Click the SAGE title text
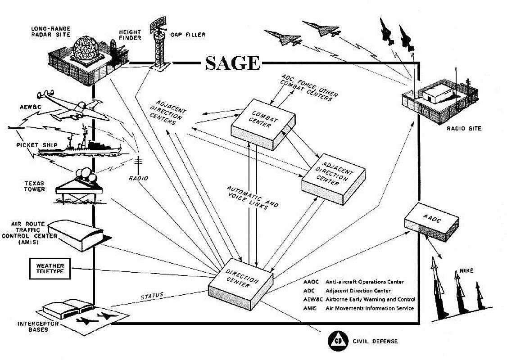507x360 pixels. coord(233,63)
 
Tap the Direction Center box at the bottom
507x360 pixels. coord(240,281)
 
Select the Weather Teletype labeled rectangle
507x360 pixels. coord(50,269)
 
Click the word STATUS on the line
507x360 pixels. coord(151,296)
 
